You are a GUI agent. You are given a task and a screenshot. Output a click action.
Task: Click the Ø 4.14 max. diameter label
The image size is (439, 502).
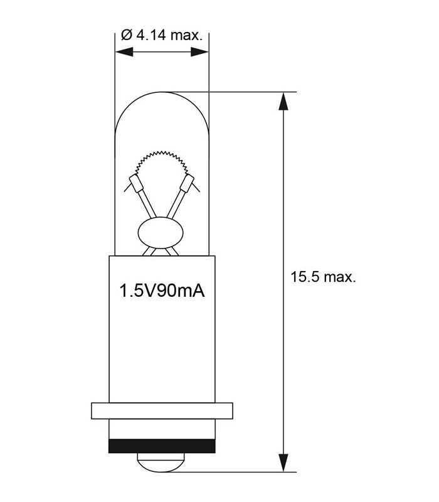161,35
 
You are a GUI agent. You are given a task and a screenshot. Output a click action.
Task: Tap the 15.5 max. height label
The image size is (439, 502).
323,277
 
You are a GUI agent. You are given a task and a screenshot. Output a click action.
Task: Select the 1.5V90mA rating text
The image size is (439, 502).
162,291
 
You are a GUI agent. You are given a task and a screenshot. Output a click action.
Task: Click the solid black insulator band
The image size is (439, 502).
162,446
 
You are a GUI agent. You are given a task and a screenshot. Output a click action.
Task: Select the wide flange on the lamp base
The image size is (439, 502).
162,411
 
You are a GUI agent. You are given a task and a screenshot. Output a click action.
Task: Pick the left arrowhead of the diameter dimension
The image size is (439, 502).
123,53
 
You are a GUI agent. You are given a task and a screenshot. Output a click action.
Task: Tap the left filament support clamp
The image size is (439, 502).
135,186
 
